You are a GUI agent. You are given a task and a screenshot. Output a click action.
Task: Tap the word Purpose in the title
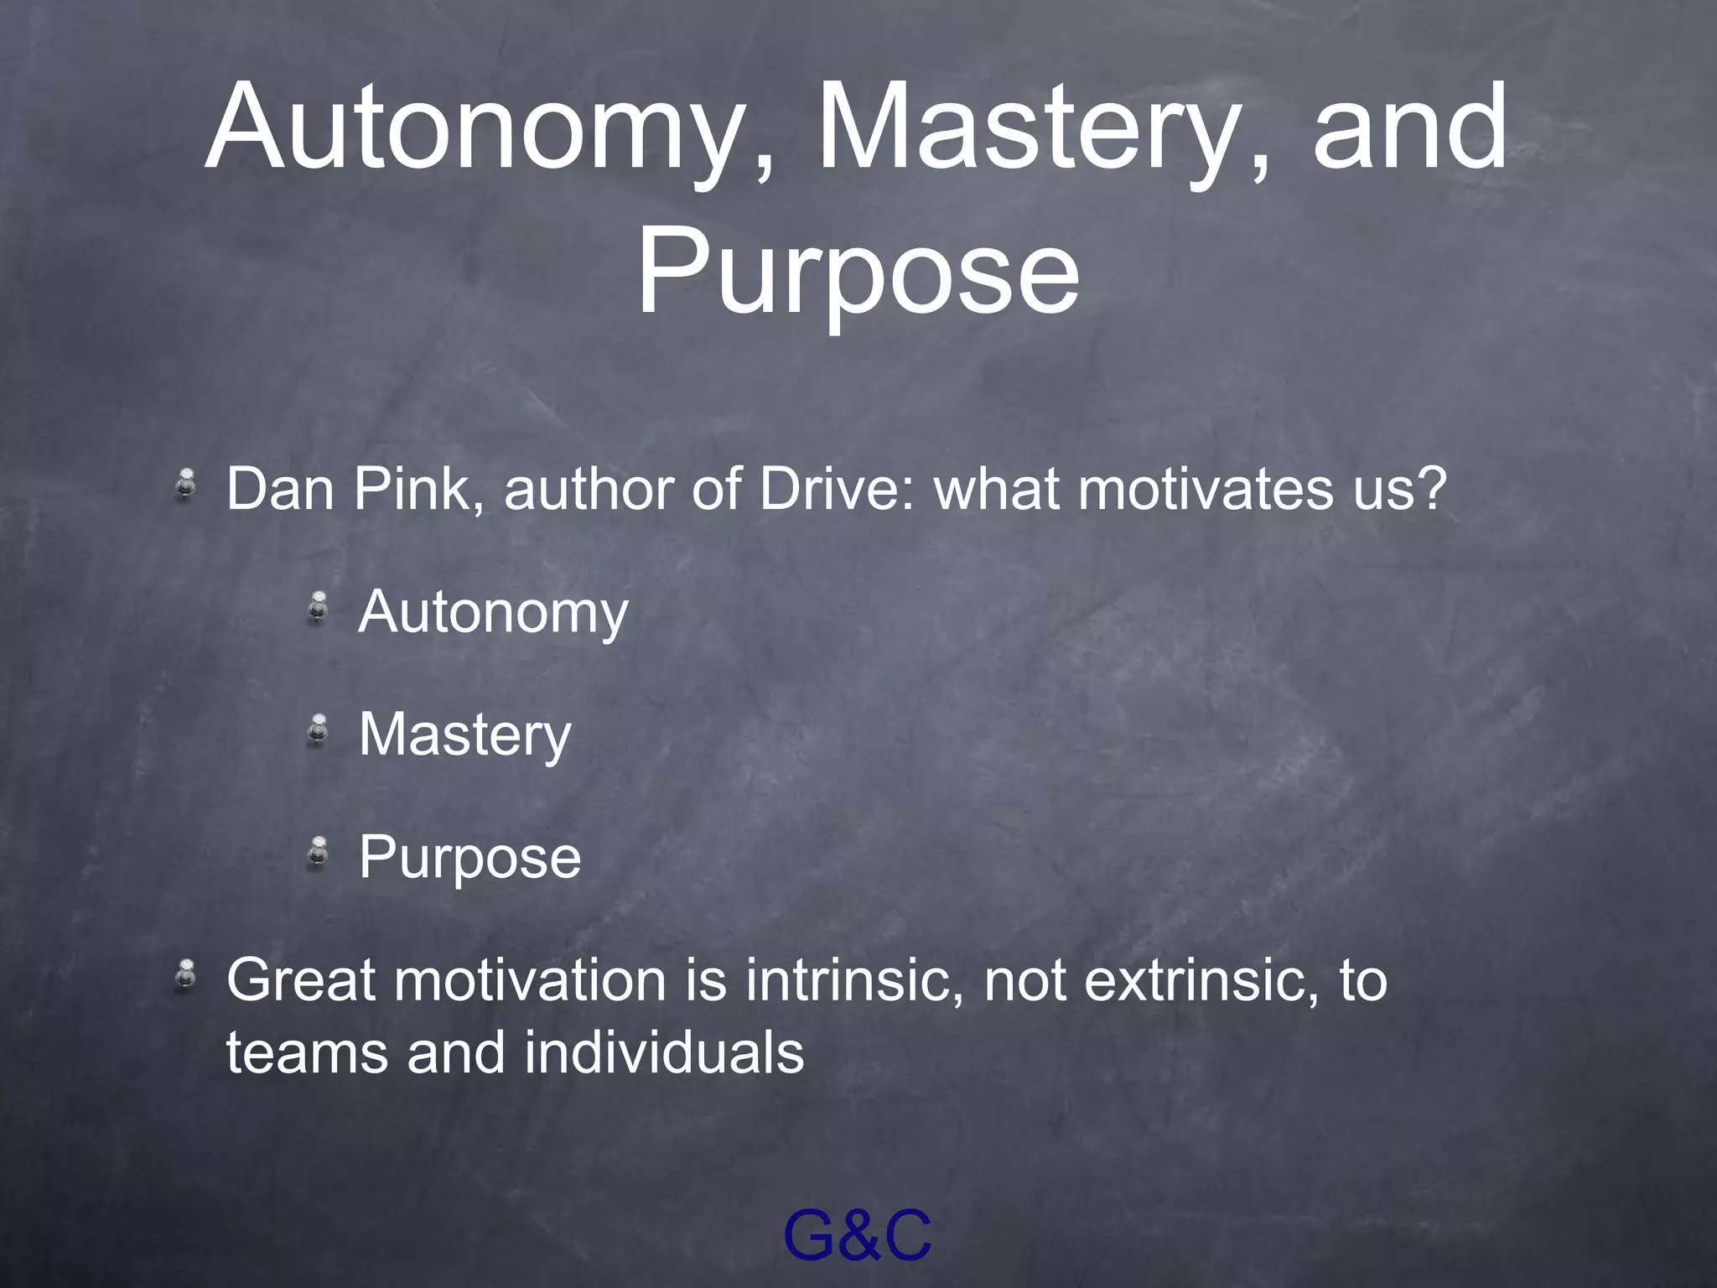click(858, 273)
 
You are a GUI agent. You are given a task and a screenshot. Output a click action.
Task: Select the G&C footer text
click(857, 1235)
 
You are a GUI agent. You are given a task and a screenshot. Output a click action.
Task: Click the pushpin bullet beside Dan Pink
click(186, 486)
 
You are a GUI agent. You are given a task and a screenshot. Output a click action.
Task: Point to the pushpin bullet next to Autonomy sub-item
click(317, 607)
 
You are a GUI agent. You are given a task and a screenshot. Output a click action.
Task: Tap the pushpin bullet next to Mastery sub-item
click(317, 730)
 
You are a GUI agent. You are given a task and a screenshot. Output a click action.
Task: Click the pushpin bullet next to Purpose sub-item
click(317, 853)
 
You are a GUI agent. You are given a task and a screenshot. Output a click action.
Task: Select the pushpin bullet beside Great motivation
click(186, 977)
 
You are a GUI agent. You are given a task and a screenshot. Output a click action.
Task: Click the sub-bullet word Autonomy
click(493, 612)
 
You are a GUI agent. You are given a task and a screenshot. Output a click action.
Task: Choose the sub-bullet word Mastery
click(464, 735)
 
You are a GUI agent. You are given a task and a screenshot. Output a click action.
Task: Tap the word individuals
click(664, 1052)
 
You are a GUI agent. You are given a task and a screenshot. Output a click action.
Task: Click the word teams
click(307, 1054)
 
